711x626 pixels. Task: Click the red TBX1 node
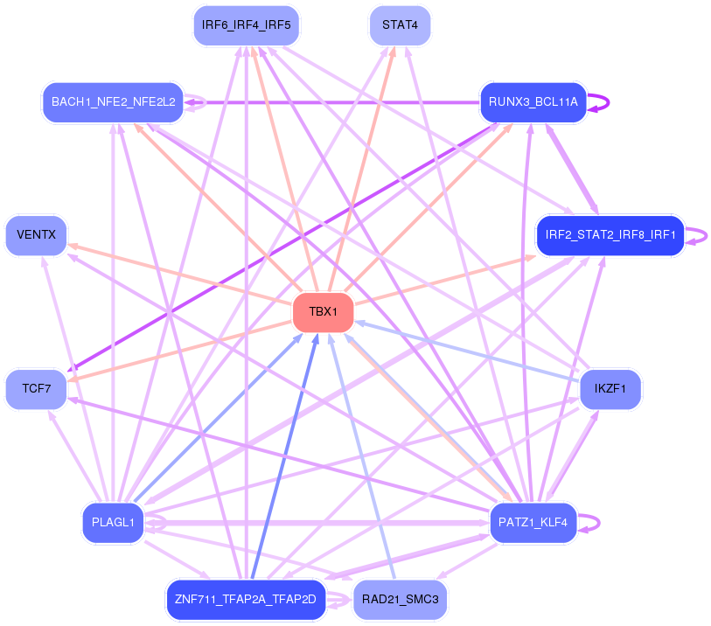323,312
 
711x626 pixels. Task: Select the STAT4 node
400,25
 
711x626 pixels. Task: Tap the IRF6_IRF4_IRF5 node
247,25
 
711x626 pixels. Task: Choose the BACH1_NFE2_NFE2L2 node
114,102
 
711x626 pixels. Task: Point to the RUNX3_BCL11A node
533,102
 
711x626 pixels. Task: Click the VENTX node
36,235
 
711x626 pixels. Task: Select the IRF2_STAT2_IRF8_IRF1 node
610,235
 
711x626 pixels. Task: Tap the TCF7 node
36,389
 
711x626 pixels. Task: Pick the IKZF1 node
610,389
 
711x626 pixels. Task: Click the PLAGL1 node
114,523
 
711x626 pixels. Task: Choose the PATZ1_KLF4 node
533,523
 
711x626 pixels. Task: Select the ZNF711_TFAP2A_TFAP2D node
247,600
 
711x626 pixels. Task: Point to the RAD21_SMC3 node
400,600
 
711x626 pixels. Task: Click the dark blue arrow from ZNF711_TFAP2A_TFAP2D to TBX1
285,456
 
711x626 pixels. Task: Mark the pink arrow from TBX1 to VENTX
180,275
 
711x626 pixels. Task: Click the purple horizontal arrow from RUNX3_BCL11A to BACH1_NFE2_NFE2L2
332,102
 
